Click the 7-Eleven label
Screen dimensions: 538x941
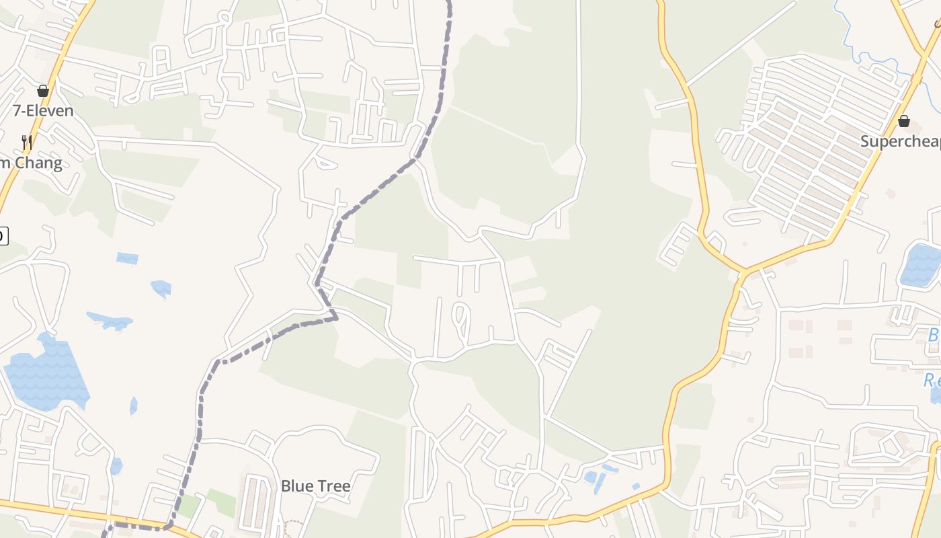pyautogui.click(x=43, y=110)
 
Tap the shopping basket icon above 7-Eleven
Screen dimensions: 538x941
pyautogui.click(x=43, y=91)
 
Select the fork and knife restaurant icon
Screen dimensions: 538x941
pyautogui.click(x=26, y=142)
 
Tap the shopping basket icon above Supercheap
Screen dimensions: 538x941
pyautogui.click(x=904, y=121)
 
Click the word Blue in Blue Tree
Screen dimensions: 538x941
pyautogui.click(x=296, y=486)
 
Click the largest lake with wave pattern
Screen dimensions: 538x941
pyautogui.click(x=47, y=373)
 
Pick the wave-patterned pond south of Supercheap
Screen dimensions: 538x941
pyautogui.click(x=921, y=264)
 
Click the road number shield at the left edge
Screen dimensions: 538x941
pyautogui.click(x=3, y=235)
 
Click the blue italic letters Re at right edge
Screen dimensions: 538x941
pyautogui.click(x=931, y=380)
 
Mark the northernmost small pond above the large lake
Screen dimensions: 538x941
pyautogui.click(x=127, y=258)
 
